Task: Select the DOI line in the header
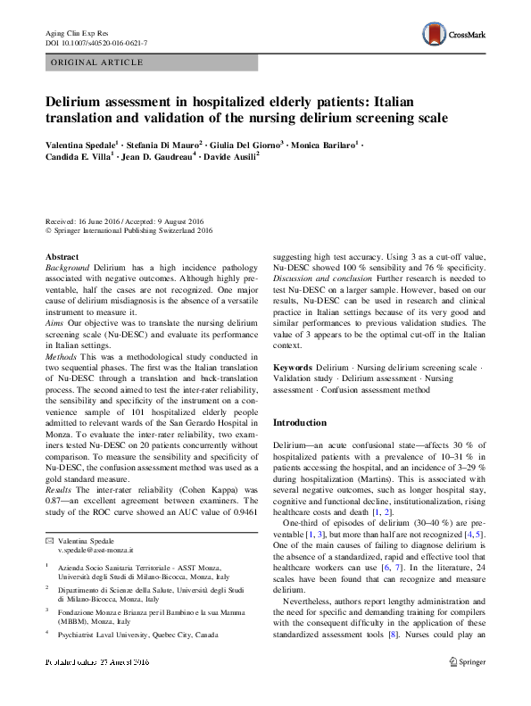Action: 95,43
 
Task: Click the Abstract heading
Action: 62,257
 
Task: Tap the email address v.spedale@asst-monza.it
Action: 95,552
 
